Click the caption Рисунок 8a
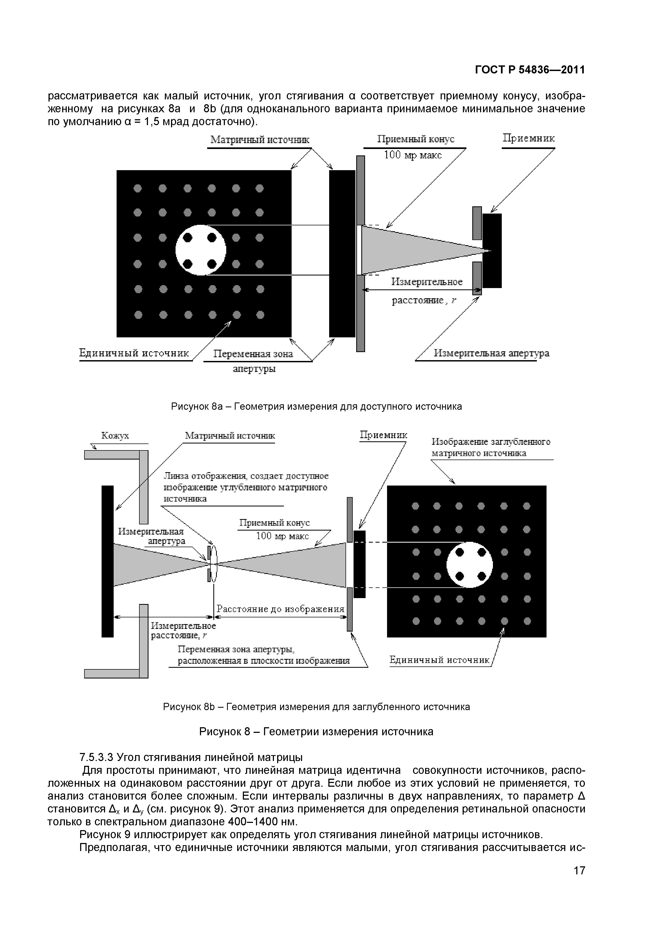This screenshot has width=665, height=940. pos(316,406)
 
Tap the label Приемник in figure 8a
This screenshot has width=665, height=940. pos(529,138)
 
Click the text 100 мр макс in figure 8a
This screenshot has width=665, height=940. pos(413,155)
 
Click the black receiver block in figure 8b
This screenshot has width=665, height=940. pos(359,564)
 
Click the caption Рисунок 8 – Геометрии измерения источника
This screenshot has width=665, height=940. pos(316,732)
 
